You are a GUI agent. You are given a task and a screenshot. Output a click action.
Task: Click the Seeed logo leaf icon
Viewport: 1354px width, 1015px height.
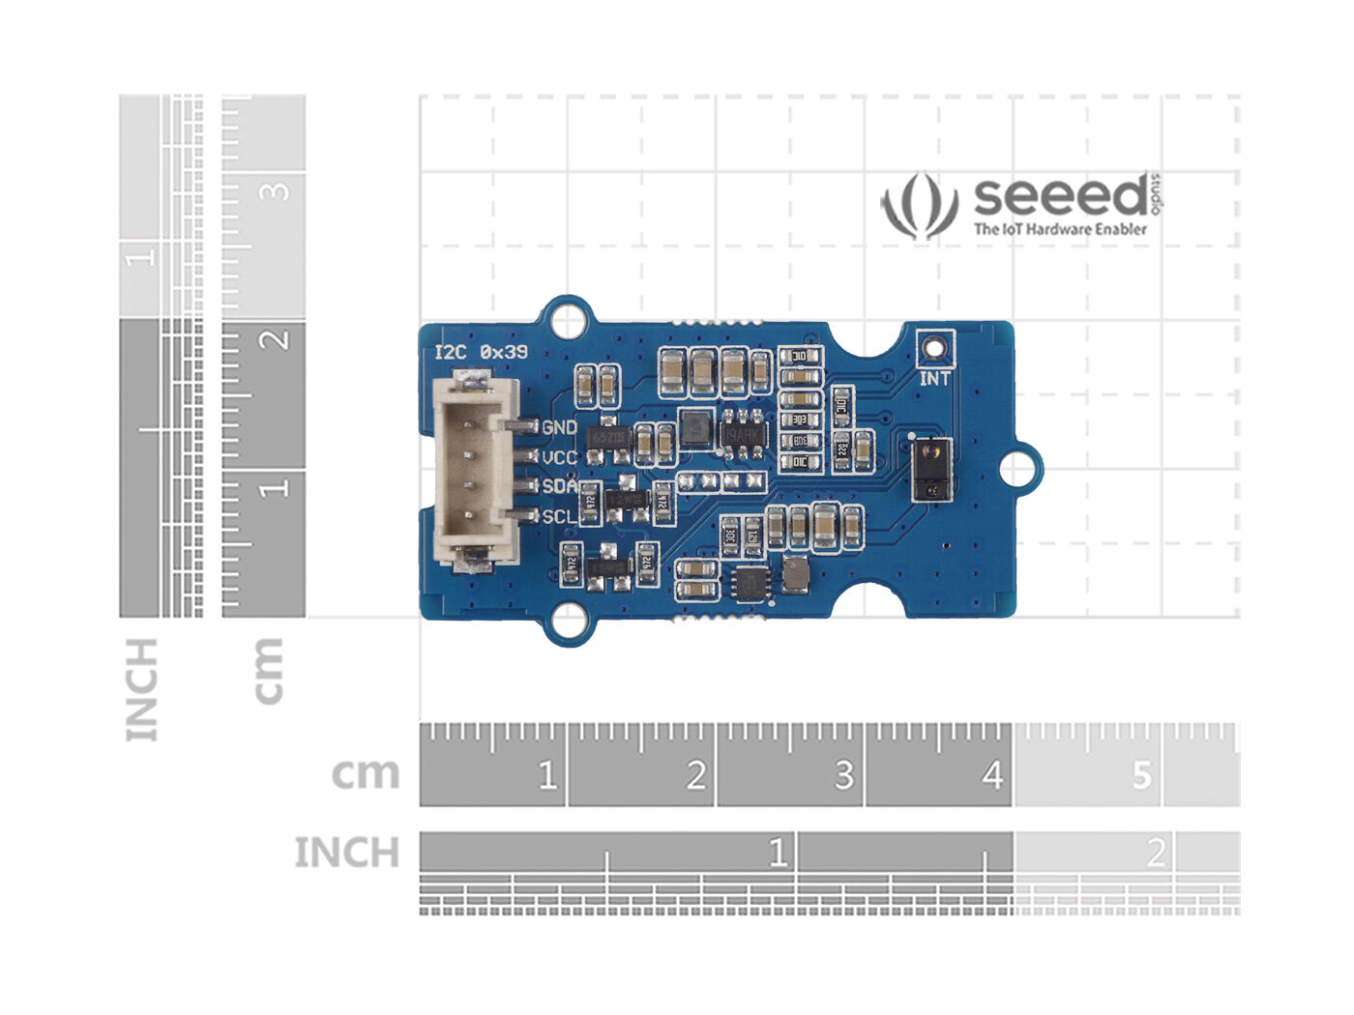point(919,205)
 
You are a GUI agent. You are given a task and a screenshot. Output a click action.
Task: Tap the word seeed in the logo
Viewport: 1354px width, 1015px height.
point(1060,196)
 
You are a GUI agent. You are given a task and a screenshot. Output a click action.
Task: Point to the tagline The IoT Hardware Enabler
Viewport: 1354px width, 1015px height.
point(1060,230)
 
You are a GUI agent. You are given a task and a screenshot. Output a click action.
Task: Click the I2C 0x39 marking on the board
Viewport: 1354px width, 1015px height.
point(482,352)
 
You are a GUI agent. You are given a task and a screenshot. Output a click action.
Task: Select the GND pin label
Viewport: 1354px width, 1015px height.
point(560,427)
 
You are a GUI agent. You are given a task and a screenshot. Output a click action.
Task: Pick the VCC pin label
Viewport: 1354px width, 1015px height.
point(560,457)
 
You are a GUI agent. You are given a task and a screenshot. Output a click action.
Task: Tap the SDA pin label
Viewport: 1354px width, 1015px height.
point(559,486)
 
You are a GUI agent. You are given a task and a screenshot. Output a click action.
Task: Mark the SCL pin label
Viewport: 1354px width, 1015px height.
point(559,516)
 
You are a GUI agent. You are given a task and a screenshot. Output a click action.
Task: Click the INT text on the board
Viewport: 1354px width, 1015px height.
point(934,379)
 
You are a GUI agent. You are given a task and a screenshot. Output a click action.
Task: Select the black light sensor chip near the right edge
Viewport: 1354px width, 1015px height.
point(929,468)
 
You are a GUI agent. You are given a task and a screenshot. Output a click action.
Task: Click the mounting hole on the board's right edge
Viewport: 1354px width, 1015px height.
point(1014,469)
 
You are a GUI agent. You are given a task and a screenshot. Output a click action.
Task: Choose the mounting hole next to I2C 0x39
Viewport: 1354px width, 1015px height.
point(570,321)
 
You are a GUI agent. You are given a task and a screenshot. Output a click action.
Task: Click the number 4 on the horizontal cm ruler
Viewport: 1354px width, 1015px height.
point(992,775)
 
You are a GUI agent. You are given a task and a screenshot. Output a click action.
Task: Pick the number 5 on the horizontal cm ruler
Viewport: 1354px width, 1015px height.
point(1142,775)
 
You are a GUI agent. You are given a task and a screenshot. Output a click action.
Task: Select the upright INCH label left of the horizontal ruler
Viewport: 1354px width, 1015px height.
point(346,853)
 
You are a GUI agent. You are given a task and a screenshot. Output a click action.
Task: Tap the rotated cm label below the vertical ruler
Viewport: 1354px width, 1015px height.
point(268,670)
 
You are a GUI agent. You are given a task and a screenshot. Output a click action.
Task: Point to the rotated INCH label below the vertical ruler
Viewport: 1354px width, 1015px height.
point(141,689)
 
